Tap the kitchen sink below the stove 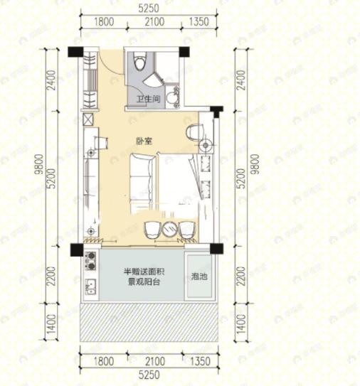click(x=90, y=287)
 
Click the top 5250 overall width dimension click(x=149, y=9)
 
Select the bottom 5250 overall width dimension click(x=149, y=376)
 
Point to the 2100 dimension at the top click(x=155, y=23)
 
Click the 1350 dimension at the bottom click(x=200, y=362)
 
